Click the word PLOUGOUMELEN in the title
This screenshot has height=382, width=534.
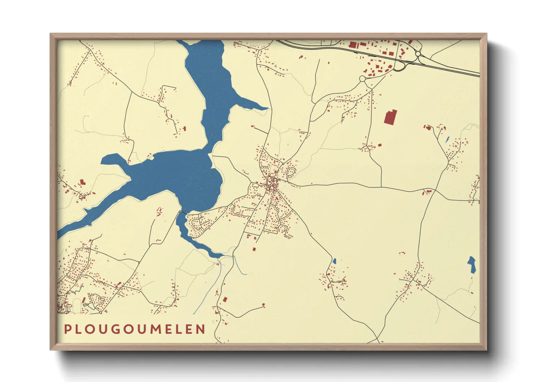point(135,329)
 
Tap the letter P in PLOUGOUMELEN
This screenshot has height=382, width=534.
point(67,329)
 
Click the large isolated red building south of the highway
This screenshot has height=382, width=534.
point(390,117)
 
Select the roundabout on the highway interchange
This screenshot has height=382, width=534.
point(418,54)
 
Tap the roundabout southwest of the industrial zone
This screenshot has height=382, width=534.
point(362,78)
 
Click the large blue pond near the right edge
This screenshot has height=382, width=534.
point(472,264)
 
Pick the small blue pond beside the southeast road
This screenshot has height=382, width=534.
point(334,261)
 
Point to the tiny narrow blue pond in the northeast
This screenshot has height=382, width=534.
point(447,139)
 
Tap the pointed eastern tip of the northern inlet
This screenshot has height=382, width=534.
point(267,108)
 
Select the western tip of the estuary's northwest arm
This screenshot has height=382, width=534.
point(102,161)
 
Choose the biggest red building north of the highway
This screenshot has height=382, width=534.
point(352,45)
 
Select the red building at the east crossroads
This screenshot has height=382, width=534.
point(429,191)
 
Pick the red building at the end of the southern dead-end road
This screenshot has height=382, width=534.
point(263,305)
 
